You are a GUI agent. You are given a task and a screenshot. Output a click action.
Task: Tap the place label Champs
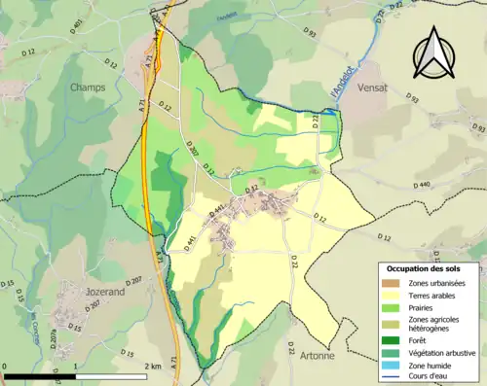coord(88,87)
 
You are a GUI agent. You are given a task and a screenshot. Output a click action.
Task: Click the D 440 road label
coord(421,185)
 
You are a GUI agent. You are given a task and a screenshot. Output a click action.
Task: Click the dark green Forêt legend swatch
coord(391,339)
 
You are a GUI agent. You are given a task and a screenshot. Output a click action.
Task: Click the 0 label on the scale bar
coord(6,367)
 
